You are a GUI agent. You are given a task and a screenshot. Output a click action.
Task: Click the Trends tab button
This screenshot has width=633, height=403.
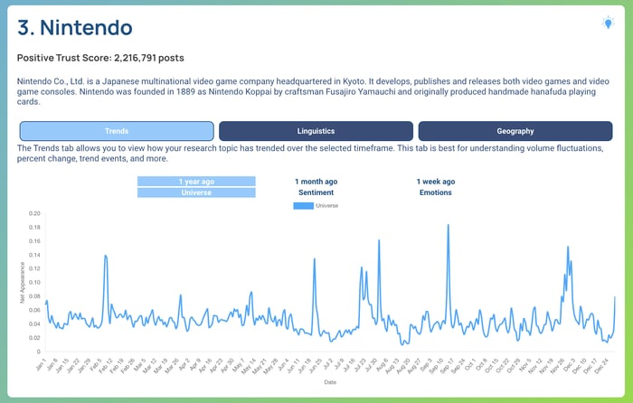pyautogui.click(x=117, y=131)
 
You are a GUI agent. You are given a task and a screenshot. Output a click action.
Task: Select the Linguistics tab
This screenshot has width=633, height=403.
pyautogui.click(x=316, y=131)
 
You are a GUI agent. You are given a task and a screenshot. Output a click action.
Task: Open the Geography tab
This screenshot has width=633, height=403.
pyautogui.click(x=515, y=131)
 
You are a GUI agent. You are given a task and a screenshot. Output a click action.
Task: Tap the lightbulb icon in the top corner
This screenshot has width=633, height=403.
pyautogui.click(x=608, y=23)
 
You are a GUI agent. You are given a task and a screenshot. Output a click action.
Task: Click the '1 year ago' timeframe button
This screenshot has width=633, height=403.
pyautogui.click(x=196, y=181)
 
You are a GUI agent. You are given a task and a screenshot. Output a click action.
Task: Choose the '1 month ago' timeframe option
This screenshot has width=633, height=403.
pyautogui.click(x=316, y=181)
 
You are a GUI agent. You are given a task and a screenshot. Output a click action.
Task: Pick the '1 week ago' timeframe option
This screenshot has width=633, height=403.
pyautogui.click(x=436, y=181)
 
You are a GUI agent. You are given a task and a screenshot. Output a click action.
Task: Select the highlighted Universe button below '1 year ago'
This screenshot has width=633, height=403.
pyautogui.click(x=196, y=192)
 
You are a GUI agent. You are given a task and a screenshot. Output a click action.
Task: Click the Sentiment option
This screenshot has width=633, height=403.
pyautogui.click(x=316, y=192)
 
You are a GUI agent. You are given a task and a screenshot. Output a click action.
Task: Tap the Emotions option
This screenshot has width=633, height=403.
pyautogui.click(x=436, y=192)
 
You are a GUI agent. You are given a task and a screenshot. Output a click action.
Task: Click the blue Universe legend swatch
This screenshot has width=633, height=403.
pyautogui.click(x=303, y=206)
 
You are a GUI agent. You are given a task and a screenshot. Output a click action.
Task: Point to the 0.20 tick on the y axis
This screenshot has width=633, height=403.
pyautogui.click(x=34, y=214)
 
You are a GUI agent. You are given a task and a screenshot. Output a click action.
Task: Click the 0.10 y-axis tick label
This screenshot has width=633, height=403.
pyautogui.click(x=34, y=283)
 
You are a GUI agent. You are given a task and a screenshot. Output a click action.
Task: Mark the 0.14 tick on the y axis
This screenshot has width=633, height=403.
pyautogui.click(x=34, y=256)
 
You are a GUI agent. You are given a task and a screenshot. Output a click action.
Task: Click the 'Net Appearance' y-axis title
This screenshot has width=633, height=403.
pyautogui.click(x=23, y=284)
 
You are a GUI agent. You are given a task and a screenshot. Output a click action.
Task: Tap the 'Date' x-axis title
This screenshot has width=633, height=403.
pyautogui.click(x=330, y=382)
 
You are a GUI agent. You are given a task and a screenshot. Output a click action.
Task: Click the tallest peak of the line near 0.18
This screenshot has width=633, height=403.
pyautogui.click(x=448, y=225)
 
